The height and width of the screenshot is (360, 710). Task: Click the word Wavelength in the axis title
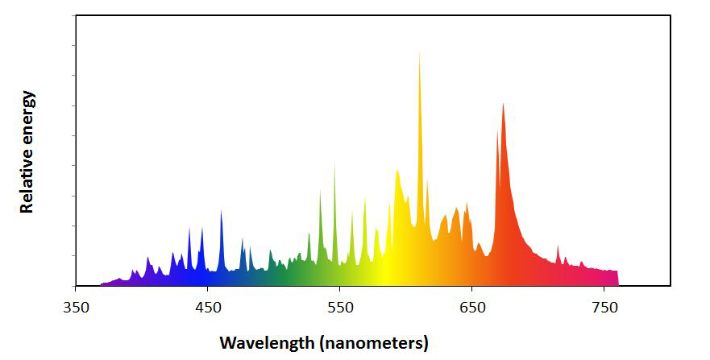point(267,342)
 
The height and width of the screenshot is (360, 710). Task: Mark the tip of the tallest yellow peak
point(419,52)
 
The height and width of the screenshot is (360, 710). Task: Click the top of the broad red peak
point(503,104)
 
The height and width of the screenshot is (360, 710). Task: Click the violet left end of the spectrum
point(102,283)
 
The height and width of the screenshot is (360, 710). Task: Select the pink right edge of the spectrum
point(617,278)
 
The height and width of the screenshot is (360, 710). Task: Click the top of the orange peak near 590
point(397,170)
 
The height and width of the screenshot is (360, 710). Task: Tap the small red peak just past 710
point(558,246)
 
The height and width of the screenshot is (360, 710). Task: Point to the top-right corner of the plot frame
point(670,15)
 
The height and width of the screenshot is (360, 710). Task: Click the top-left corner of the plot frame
point(76,15)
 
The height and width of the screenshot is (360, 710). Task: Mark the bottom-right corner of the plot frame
point(670,285)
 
